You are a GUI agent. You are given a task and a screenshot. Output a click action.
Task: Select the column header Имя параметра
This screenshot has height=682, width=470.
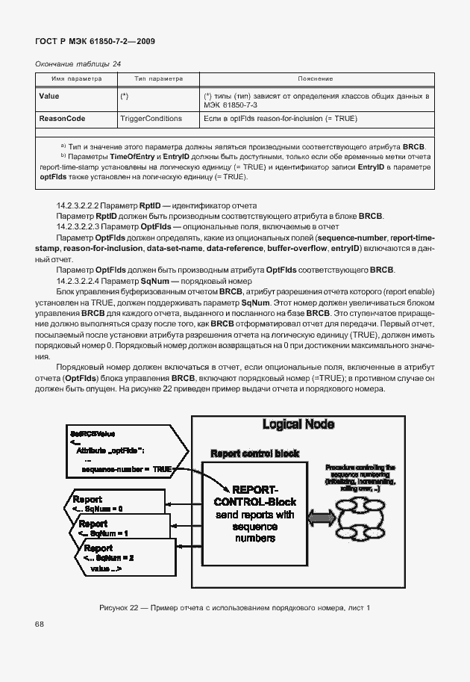coord(71,78)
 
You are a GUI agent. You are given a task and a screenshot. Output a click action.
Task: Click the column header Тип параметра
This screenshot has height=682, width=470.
coord(158,78)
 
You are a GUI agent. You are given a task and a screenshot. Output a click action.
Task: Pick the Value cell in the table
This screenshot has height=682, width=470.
coord(49,96)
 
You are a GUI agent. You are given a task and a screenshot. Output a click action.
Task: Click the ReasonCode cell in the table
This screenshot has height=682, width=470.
coord(62,119)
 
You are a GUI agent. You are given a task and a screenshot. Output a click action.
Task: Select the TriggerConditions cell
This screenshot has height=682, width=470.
coord(151,119)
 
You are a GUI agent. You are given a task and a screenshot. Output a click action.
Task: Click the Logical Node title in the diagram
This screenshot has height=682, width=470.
coord(298,425)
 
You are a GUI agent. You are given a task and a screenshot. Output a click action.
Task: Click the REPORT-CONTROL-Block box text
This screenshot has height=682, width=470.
coord(255,512)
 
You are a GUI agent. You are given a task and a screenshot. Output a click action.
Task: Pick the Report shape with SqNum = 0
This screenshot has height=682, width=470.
coord(101,503)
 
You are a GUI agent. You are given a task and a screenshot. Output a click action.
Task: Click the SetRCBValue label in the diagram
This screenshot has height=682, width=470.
coord(92,433)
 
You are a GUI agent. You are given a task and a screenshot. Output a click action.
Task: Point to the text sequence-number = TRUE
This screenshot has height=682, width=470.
coord(127,469)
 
